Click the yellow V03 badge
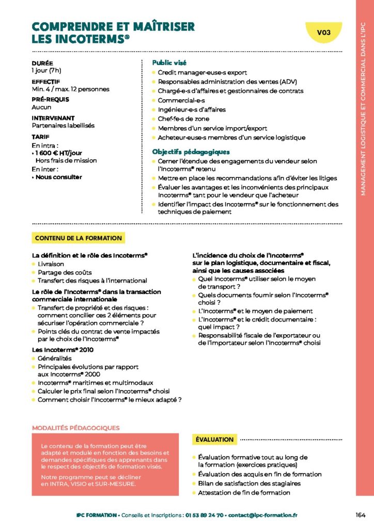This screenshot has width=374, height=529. (x=323, y=33)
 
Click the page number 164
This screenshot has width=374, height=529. (x=361, y=515)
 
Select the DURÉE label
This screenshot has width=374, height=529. (x=42, y=63)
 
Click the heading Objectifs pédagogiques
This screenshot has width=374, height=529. (x=191, y=152)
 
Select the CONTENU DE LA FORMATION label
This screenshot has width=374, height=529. (x=79, y=238)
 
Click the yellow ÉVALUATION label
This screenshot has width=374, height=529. (x=215, y=440)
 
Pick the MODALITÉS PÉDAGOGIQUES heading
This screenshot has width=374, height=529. (x=75, y=428)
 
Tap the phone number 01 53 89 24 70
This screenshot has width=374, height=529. (x=205, y=515)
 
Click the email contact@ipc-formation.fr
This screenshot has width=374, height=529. (x=262, y=515)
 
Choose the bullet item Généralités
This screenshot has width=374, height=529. (x=54, y=358)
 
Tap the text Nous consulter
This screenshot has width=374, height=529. (x=59, y=177)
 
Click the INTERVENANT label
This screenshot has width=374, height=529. (x=53, y=118)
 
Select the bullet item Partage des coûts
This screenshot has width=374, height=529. (x=65, y=272)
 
